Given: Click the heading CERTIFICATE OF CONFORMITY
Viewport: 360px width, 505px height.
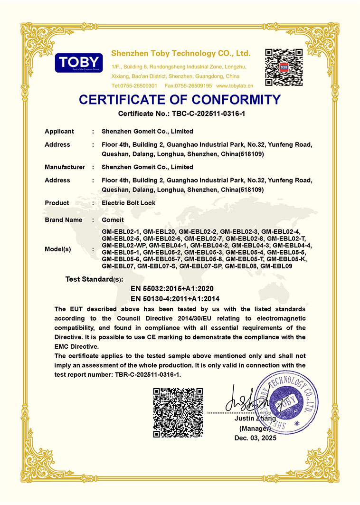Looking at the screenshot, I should (x=180, y=100).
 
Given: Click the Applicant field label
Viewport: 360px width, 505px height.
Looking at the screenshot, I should (x=59, y=132).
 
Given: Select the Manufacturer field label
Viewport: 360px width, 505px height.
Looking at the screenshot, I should (x=65, y=167).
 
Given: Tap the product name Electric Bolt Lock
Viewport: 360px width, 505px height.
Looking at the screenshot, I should (x=128, y=203).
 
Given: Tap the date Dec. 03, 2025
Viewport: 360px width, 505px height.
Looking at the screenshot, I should (x=255, y=438).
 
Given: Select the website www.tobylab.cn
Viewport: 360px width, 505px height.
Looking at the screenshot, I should (x=235, y=86).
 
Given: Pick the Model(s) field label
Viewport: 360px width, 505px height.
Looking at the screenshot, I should (x=58, y=249).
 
